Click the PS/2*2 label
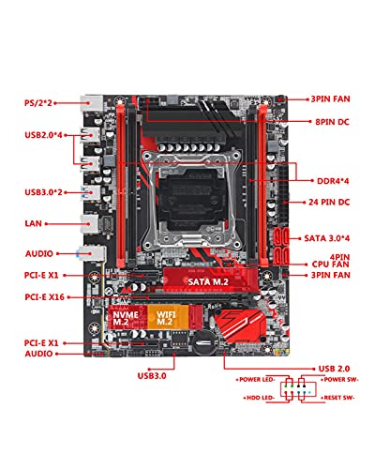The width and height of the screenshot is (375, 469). [38, 103]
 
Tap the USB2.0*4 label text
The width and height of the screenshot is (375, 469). [43, 135]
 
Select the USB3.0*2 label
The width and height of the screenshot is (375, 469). [43, 192]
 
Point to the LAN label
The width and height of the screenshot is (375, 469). [33, 223]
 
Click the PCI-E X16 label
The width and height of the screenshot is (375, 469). [44, 297]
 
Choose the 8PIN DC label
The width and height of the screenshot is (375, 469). [332, 122]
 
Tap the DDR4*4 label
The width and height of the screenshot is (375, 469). [333, 181]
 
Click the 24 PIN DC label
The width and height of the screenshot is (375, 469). [329, 202]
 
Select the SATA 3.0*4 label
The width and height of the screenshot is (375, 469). [327, 238]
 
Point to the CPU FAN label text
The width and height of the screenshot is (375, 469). [331, 265]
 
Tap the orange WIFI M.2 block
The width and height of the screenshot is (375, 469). [168, 317]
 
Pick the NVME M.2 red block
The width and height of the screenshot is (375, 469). [127, 317]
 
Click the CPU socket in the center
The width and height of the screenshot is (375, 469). [191, 200]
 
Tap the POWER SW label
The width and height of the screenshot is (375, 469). [340, 379]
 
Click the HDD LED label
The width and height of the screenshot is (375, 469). [259, 398]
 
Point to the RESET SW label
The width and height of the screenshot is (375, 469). [337, 398]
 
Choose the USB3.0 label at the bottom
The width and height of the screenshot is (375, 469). [152, 375]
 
